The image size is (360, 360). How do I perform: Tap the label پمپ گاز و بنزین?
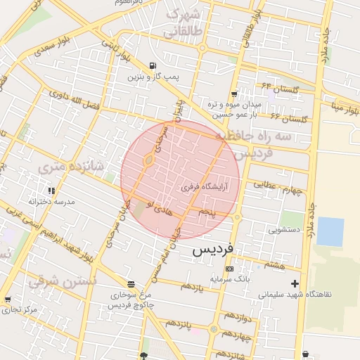tap(150, 76)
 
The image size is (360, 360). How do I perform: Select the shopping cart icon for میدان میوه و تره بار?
tap(234, 94)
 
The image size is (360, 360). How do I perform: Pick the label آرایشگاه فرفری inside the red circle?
tap(205, 188)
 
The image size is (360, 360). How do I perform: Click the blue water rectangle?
tap(330, 231)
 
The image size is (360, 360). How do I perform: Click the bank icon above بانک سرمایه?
tap(229, 269)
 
